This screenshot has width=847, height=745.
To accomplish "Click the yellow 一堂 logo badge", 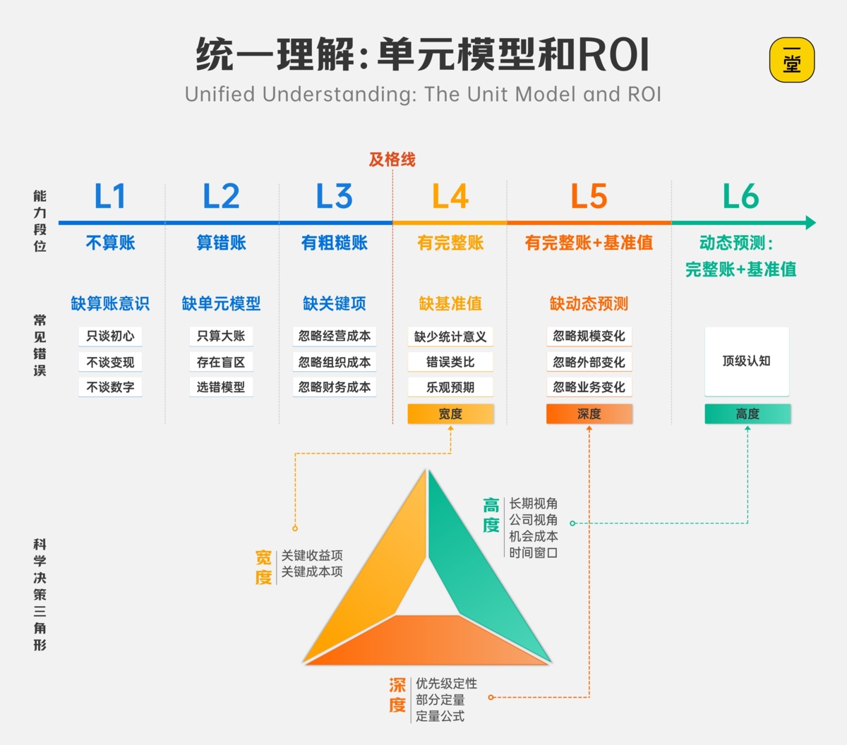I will pos(791,60).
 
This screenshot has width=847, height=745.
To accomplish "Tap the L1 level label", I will pos(110,196).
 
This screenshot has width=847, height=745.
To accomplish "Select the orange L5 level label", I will pos(589,196).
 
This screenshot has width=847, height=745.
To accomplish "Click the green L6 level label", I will pos(740,196).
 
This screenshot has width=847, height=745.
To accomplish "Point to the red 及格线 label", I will pos(392,159).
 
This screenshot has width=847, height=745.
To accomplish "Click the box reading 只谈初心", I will pos(110,336).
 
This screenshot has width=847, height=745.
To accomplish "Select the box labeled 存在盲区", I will pos(221,362).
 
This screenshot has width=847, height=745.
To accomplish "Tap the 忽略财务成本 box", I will pos(335,387).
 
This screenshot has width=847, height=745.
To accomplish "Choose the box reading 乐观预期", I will pos(450,387).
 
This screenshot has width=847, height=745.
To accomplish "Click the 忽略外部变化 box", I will pos(589,362).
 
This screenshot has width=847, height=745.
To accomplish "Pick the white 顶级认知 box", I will pos(747,361).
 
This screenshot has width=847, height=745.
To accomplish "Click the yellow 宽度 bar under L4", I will pos(450,414).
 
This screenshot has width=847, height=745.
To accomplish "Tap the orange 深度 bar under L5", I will pos(589,414).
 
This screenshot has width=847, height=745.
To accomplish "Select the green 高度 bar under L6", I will pos(747,414).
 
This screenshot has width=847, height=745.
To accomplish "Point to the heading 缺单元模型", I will pos(221,303).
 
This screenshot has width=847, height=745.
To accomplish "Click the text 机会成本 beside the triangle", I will pos(534,536).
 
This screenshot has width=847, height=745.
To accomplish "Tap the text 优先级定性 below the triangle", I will pos(446,684).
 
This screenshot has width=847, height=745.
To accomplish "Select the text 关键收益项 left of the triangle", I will pos(312,555).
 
